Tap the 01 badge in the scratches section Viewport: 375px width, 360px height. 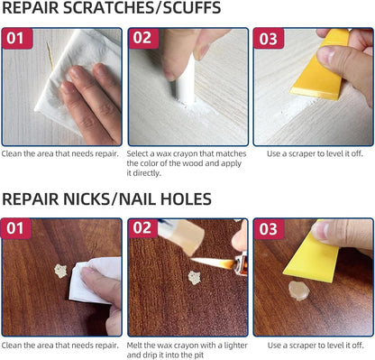click(x=15, y=39)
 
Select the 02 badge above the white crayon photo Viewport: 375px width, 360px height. click(x=142, y=39)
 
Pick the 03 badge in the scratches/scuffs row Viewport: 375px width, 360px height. click(x=268, y=39)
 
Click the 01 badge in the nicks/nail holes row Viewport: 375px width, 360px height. click(x=15, y=228)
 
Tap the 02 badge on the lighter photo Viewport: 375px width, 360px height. click(x=142, y=228)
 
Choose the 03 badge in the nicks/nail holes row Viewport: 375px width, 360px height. click(x=268, y=228)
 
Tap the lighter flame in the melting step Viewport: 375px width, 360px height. click(x=213, y=264)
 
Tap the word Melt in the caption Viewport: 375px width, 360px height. click(x=137, y=345)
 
